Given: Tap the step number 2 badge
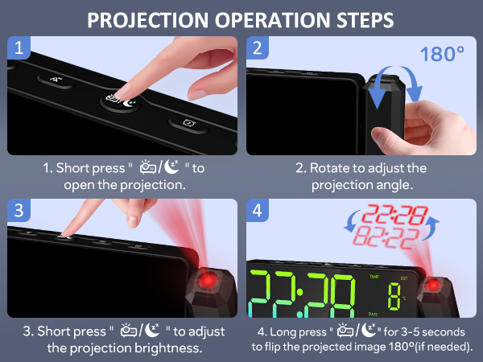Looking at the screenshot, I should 258,48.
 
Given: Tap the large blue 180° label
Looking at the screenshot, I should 442,55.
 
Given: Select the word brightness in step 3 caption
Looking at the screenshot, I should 163,348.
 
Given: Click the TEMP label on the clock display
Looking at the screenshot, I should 374,276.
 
